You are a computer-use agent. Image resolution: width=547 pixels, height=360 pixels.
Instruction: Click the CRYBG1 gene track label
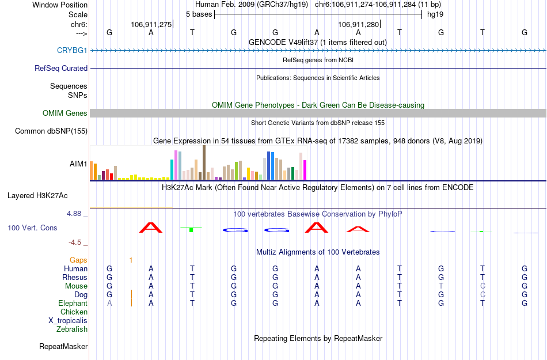click(x=72, y=51)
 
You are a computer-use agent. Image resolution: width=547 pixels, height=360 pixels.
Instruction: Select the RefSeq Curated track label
click(x=61, y=69)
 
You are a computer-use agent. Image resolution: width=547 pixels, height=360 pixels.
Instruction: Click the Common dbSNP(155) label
click(x=51, y=131)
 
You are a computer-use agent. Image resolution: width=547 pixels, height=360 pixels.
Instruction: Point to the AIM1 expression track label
click(x=78, y=164)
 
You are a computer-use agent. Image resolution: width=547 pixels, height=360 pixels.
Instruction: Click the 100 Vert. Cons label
click(x=32, y=228)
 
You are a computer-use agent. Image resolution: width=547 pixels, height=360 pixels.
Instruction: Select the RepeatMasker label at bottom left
click(x=63, y=347)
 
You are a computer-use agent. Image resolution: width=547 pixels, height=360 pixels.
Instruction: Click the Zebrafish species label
click(x=72, y=329)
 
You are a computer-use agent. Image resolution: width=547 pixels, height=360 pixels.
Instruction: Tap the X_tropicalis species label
click(x=68, y=321)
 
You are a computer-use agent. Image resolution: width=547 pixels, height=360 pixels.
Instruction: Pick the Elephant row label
click(x=73, y=304)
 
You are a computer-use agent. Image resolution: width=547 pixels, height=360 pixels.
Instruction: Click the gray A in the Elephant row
click(x=109, y=304)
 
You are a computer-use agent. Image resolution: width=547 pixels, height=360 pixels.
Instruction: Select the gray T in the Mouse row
click(x=441, y=286)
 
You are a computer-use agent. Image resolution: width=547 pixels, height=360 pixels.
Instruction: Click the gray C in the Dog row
click(x=483, y=295)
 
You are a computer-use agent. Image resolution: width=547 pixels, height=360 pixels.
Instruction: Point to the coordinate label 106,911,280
click(x=359, y=25)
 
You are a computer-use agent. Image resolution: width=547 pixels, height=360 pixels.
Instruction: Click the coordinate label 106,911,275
click(x=151, y=25)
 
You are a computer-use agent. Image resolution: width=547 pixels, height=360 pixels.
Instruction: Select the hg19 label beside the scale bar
click(x=435, y=14)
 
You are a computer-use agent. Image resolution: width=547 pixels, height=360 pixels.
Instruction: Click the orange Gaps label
click(x=78, y=260)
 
